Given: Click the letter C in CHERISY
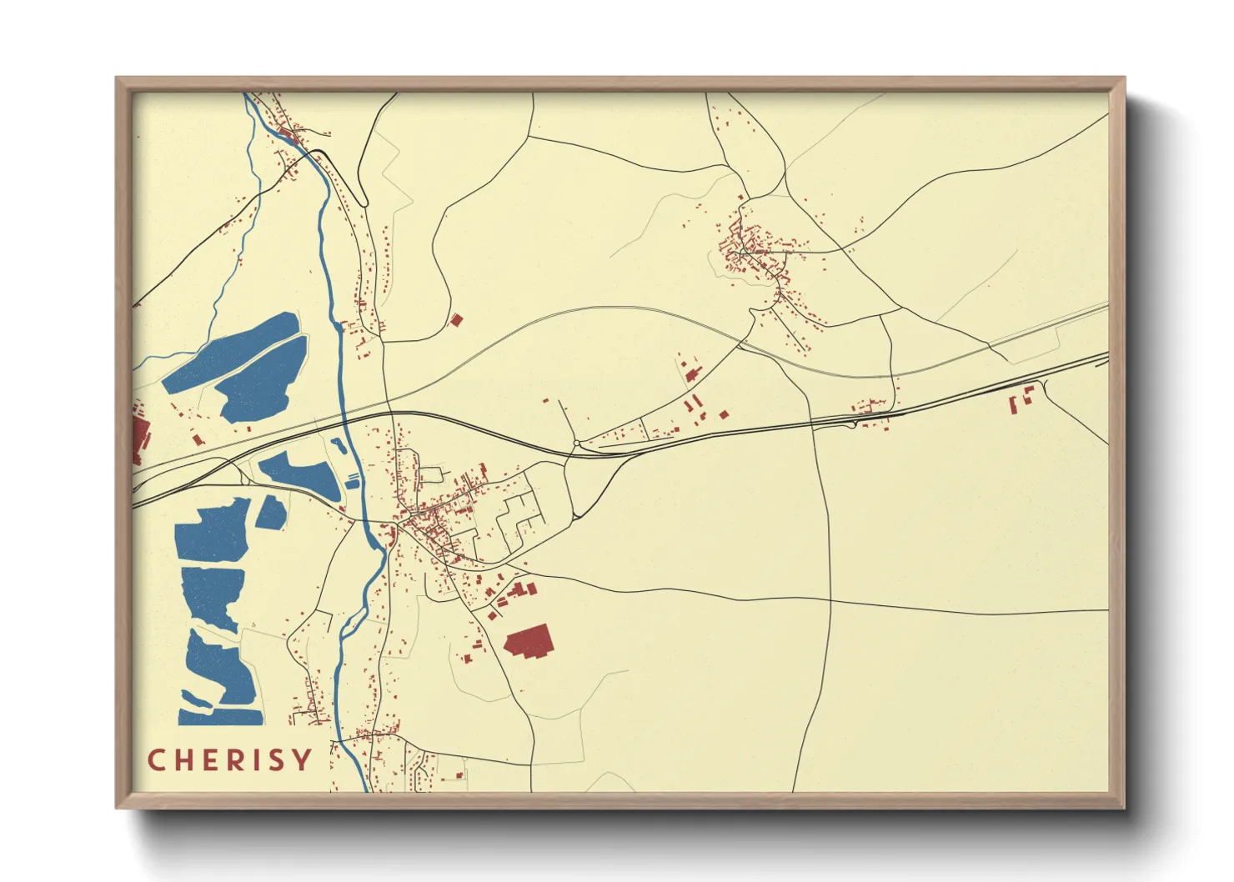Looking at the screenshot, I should pyautogui.click(x=156, y=760).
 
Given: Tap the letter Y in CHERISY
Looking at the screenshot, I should pyautogui.click(x=302, y=760).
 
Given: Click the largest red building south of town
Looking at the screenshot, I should pyautogui.click(x=529, y=643).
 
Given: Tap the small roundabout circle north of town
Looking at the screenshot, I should pyautogui.click(x=576, y=444).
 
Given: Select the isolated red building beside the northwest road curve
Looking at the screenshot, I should pyautogui.click(x=456, y=319).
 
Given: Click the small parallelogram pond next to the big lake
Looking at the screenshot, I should pyautogui.click(x=271, y=513).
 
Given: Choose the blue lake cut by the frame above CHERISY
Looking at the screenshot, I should pyautogui.click(x=218, y=684).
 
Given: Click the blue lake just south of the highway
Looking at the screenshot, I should pyautogui.click(x=300, y=473).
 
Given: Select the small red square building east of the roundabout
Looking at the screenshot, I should pyautogui.click(x=724, y=413).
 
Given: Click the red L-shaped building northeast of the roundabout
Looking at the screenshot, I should pyautogui.click(x=691, y=373).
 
